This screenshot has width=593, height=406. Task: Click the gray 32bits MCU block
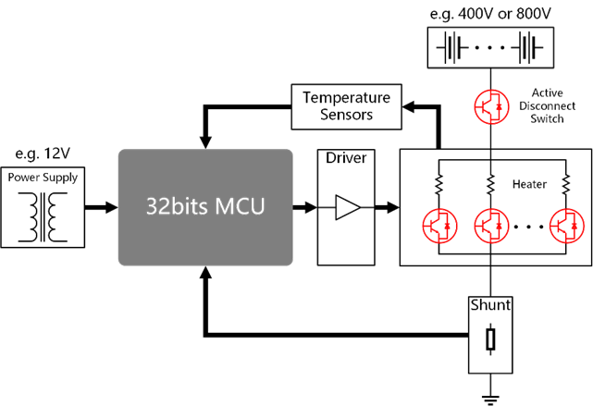(x=205, y=207)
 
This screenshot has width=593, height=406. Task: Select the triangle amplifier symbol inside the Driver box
(x=346, y=208)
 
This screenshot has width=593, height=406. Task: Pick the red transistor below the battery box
(x=489, y=105)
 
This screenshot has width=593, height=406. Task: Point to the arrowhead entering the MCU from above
(x=205, y=141)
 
